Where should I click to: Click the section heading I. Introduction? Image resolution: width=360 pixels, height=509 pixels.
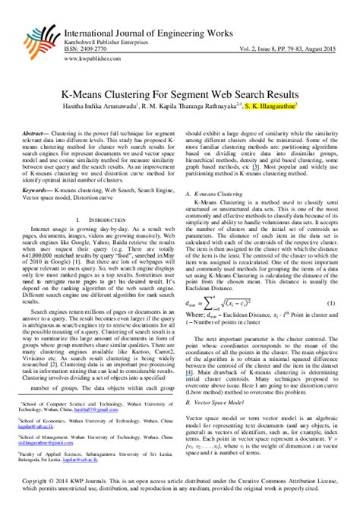[x=91, y=199]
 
